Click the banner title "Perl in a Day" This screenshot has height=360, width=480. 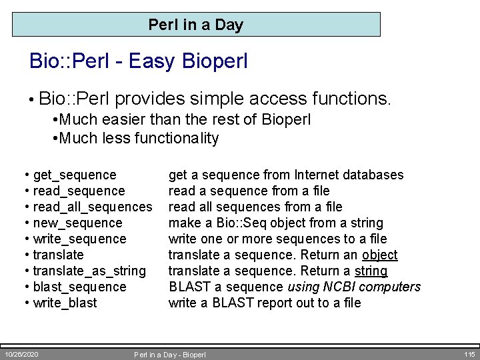pyautogui.click(x=196, y=25)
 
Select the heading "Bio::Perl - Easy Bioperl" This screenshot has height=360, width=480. pyautogui.click(x=139, y=61)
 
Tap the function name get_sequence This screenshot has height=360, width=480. pyautogui.click(x=74, y=175)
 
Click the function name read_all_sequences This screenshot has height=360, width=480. pyautogui.click(x=92, y=207)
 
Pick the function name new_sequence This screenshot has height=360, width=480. pyautogui.click(x=77, y=223)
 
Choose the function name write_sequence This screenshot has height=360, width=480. pyautogui.click(x=79, y=239)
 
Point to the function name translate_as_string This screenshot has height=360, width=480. pyautogui.click(x=89, y=271)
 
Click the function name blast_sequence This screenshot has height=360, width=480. pyautogui.click(x=79, y=287)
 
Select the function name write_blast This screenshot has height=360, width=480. pyautogui.click(x=65, y=303)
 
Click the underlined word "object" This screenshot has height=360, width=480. pyautogui.click(x=379, y=255)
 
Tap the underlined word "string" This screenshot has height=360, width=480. pyautogui.click(x=371, y=271)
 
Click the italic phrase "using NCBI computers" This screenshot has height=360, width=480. pyautogui.click(x=354, y=287)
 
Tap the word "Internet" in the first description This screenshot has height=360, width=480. pyautogui.click(x=315, y=175)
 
